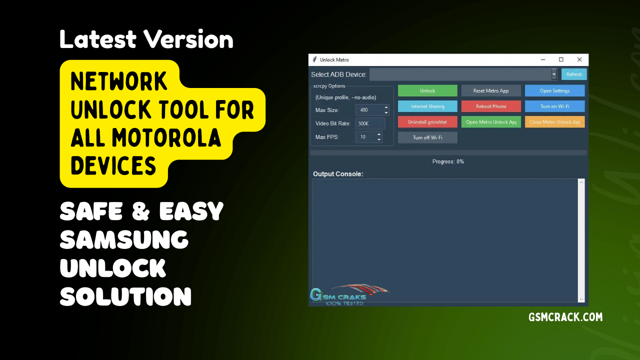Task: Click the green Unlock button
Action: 427,90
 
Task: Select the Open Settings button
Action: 554,90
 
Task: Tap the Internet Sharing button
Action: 427,106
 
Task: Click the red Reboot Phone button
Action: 491,106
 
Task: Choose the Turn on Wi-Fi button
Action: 554,106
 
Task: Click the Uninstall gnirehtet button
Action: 427,122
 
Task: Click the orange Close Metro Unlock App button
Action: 554,122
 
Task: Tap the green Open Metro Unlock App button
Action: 491,122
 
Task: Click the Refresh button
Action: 574,74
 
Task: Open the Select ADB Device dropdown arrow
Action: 554,74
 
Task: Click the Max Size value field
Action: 369,110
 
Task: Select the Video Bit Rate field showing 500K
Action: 370,123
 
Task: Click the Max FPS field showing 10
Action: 365,137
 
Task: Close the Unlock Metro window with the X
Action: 579,59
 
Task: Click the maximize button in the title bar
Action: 561,59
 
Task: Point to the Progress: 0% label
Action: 448,161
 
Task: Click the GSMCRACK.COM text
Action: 565,317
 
